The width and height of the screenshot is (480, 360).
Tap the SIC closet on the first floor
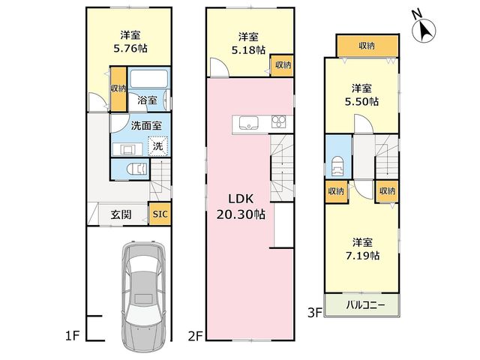pos(160,214)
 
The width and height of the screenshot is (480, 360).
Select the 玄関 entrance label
pos(121,214)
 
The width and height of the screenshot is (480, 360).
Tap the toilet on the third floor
pos(337,166)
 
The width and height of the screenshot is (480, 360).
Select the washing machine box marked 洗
pos(158,146)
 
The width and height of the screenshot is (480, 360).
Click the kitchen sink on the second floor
pos(248,123)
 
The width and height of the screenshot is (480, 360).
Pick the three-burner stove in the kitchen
pos(278,121)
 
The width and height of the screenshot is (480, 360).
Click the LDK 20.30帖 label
pos(241,207)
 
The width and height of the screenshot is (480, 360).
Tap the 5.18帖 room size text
pos(248,50)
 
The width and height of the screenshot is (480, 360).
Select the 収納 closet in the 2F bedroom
pos(283,65)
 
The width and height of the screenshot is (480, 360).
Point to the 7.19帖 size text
pos(362,255)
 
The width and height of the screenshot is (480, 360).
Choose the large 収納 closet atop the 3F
pos(367,46)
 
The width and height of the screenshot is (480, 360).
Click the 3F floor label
pos(315,313)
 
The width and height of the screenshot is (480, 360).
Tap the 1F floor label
pos(72,337)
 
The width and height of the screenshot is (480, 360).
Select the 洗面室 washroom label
pos(146,125)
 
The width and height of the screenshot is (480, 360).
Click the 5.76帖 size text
pos(130,48)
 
